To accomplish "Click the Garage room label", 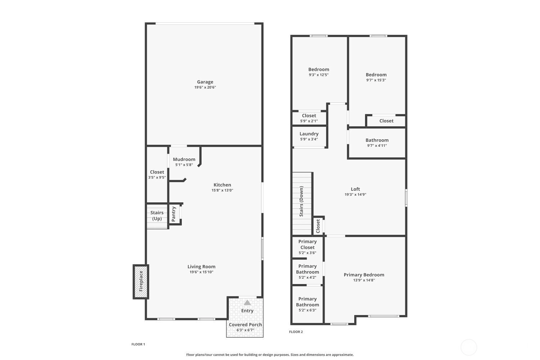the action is pos(205,82).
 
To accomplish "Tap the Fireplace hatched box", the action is pos(141,282).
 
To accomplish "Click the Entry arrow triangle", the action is pos(247,302).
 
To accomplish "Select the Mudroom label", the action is pos(184,159).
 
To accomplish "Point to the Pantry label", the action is pos(174,214).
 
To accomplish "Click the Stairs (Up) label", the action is pos(157,216).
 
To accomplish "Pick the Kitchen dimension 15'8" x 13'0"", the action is pos(222,190).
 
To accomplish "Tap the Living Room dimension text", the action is pos(201,272).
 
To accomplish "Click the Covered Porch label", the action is pos(245,325).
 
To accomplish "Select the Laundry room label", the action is pos(309,134).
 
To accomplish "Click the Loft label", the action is pos(355,189).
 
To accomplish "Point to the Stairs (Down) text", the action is pos(301,201).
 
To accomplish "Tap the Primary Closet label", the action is pos(307,244).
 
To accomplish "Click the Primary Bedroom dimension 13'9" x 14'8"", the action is pos(364,280).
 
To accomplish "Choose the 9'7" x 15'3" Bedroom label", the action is pos(376,75).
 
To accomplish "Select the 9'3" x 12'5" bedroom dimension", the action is pos(319,75).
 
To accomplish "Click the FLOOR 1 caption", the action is pos(138,344).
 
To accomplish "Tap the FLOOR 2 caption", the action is pos(296,332).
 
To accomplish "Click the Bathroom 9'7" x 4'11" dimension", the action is pos(377,146).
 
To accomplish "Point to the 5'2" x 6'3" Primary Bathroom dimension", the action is pos(307,310).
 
